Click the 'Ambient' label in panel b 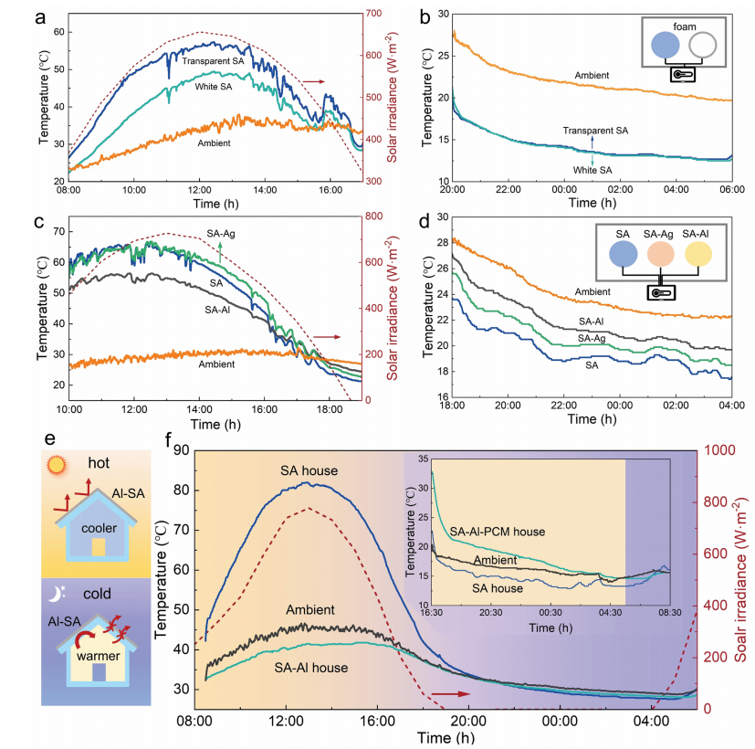[x=592, y=75]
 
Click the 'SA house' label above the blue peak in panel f [x=310, y=470]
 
